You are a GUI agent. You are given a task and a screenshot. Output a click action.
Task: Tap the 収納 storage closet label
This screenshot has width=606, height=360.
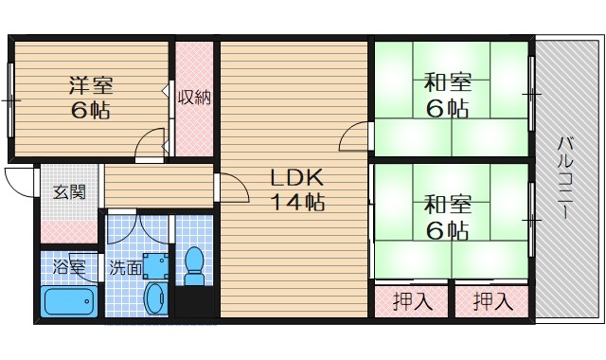pos(194,97)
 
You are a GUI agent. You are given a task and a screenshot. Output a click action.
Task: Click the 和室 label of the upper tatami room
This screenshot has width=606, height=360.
pos(448,82)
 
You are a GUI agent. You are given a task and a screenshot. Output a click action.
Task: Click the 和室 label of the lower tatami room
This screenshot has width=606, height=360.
pos(448,203)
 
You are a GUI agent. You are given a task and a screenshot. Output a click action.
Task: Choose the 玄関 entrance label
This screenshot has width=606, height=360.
pos(69,192)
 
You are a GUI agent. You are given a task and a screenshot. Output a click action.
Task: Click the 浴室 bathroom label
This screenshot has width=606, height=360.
pos(68,267)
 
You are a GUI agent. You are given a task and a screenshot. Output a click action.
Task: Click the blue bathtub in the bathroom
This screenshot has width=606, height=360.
pos(69,304)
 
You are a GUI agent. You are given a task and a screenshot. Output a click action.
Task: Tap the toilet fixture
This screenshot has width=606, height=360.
pos(195,266)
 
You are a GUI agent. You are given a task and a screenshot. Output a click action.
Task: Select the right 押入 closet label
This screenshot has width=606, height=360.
pos(492,303)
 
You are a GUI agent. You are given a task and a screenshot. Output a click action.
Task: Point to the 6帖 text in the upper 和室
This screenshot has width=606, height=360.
pos(448,108)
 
